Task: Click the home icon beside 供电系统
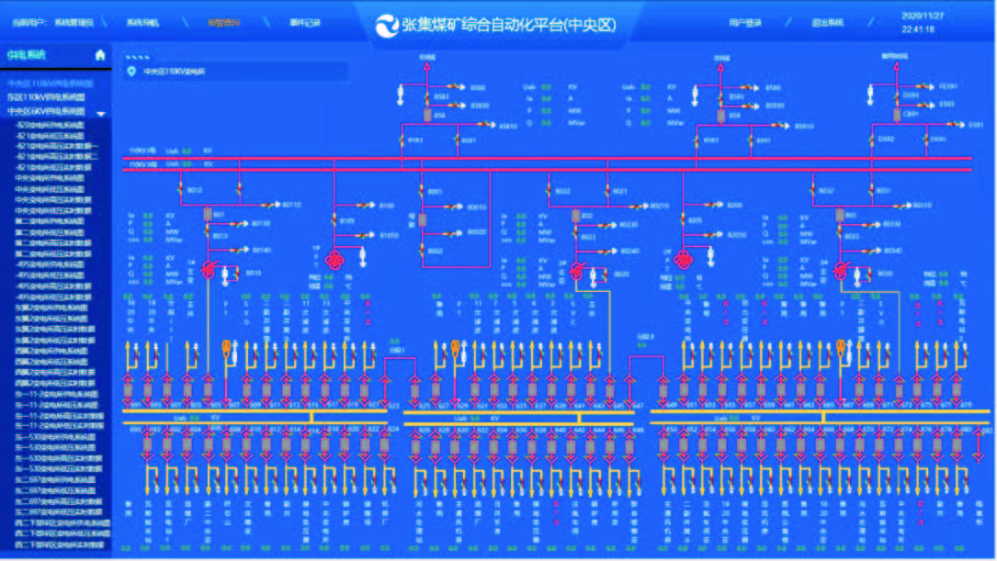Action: pos(100,55)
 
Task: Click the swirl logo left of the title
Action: pos(387,25)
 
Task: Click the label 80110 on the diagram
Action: pos(291,205)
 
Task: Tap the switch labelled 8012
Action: pos(195,191)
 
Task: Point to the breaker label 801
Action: pos(219,214)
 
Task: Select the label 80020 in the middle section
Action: pos(477,232)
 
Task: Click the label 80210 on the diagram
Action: pos(658,206)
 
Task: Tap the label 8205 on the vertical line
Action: pos(695,220)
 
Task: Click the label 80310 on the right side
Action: pos(921,205)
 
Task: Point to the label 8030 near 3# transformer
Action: pos(885,274)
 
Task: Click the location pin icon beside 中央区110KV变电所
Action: pos(131,71)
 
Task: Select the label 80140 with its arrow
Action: pos(262,250)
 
